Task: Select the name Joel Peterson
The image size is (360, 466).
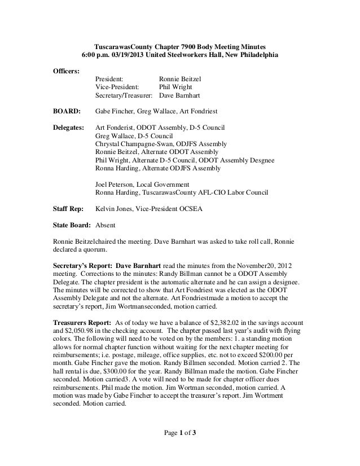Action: (x=116, y=184)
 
